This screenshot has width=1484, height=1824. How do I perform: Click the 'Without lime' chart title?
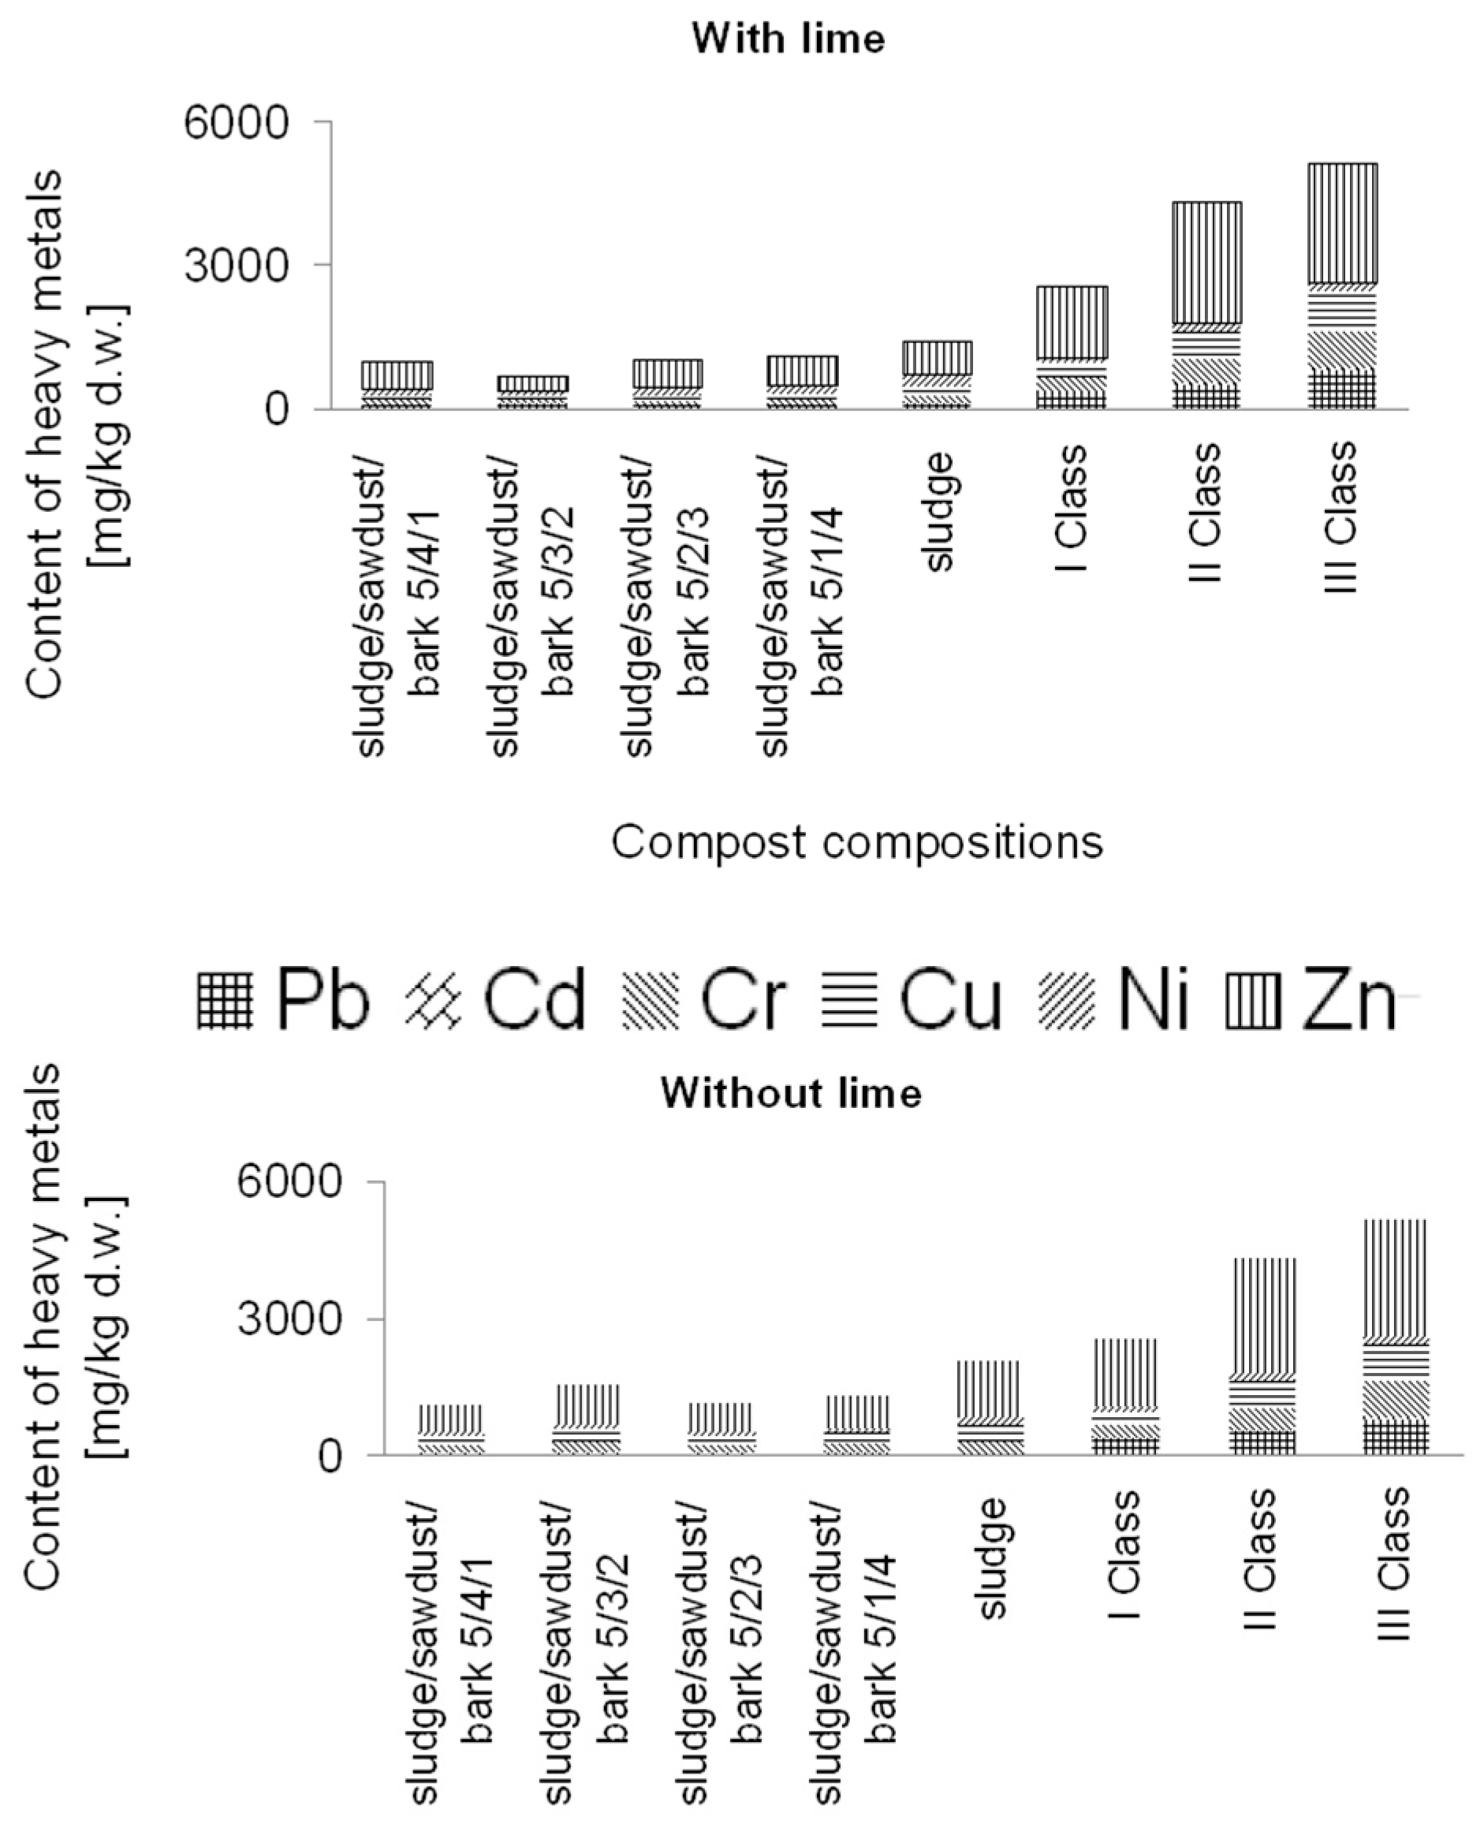[x=791, y=1093]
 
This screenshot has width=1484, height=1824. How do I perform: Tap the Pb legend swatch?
[x=225, y=999]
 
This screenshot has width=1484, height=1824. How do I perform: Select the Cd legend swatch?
[x=434, y=999]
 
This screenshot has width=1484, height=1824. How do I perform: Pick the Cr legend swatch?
[x=651, y=999]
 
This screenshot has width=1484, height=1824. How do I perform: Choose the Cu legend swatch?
[x=850, y=999]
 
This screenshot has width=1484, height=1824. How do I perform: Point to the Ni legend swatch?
[x=1067, y=999]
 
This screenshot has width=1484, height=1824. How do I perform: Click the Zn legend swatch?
[x=1254, y=999]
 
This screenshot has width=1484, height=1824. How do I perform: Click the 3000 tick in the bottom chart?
[x=289, y=1319]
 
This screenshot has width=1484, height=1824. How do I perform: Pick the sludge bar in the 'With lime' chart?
[x=938, y=375]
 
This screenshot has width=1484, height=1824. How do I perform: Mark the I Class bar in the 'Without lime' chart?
[x=1125, y=1396]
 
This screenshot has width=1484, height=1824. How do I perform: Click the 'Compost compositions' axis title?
[x=856, y=843]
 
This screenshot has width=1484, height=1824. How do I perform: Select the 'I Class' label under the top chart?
[x=1071, y=509]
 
